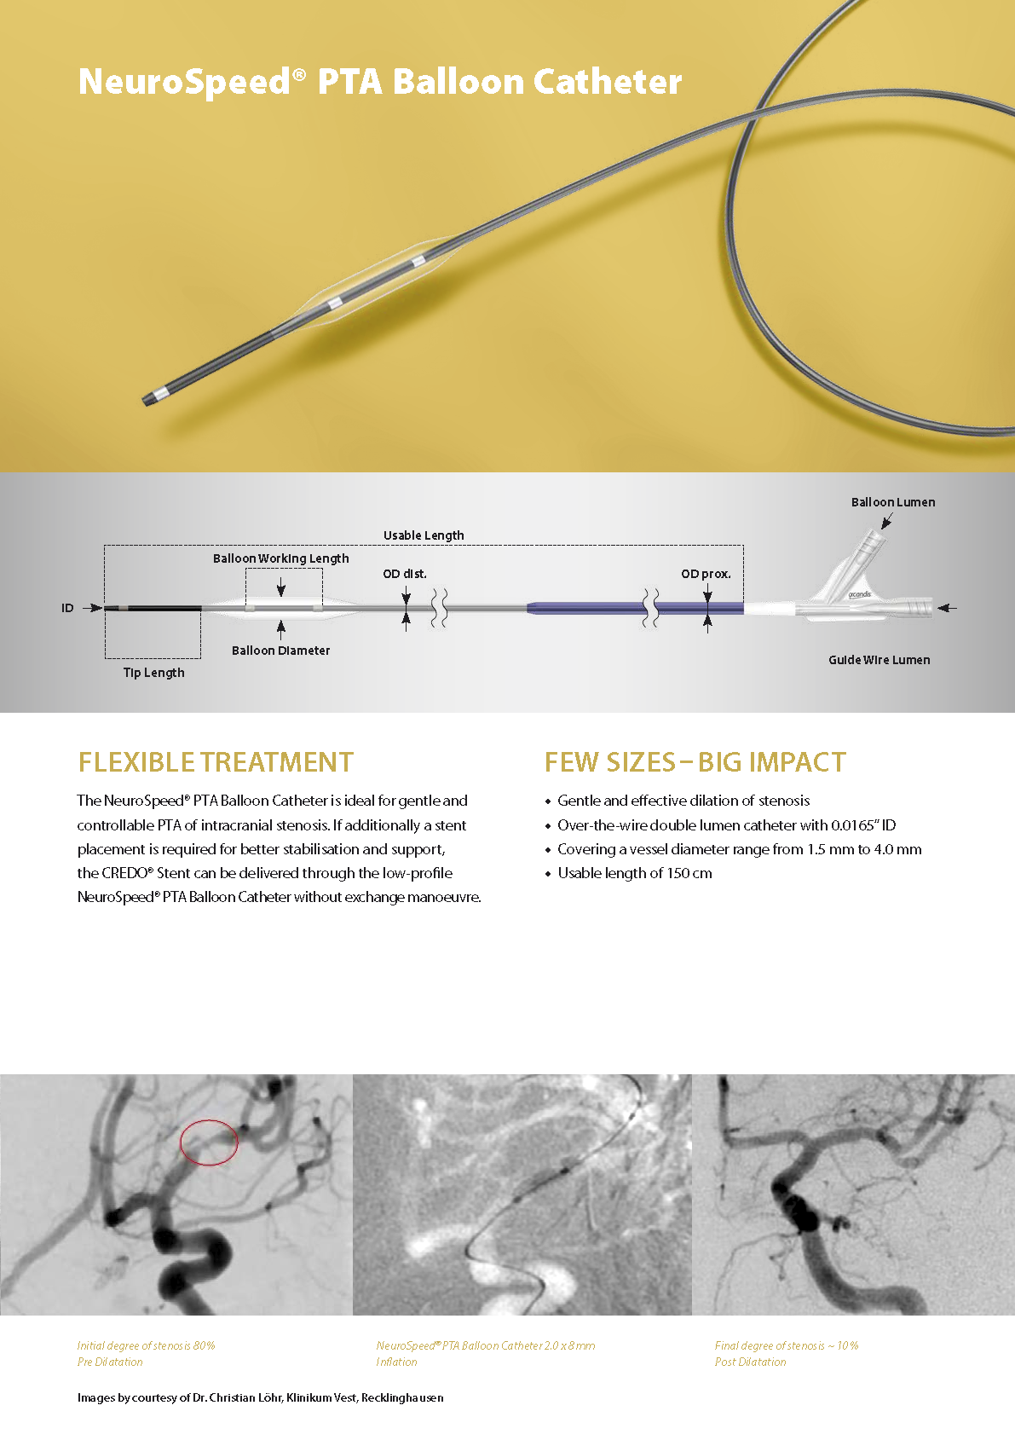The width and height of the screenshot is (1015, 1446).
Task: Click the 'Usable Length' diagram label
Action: click(x=424, y=535)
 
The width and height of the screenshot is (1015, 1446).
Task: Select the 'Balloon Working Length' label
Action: click(x=280, y=558)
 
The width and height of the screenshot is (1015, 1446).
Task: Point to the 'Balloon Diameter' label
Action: click(x=280, y=651)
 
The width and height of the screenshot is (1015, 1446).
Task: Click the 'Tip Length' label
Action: click(x=153, y=673)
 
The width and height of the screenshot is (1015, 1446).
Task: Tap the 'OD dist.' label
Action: click(x=405, y=574)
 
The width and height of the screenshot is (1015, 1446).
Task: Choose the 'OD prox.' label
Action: click(x=706, y=574)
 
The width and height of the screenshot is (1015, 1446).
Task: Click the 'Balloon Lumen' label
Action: click(x=893, y=502)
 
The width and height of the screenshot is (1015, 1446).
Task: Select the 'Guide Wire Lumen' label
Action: click(x=879, y=660)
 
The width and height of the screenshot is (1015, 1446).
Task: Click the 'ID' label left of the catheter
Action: click(x=67, y=608)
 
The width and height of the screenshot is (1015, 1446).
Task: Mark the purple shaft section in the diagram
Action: click(x=636, y=608)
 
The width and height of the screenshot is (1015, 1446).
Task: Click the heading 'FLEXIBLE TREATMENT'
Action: click(x=216, y=762)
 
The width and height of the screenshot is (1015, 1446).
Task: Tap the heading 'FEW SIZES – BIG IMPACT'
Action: click(x=695, y=762)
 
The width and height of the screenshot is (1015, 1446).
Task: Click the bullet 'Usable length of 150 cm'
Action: click(x=635, y=873)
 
